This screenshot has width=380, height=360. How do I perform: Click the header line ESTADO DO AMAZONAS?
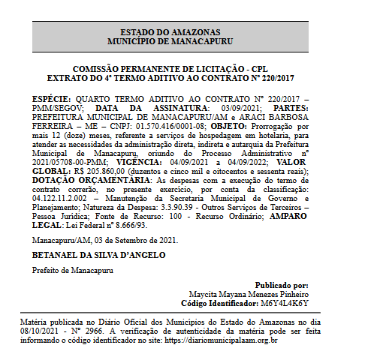(164, 32)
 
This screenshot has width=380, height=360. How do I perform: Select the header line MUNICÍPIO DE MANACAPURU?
(164, 41)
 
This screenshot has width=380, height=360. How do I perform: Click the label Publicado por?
(281, 286)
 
